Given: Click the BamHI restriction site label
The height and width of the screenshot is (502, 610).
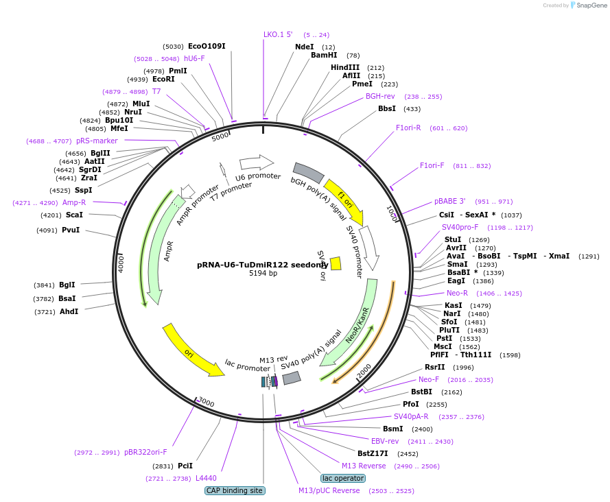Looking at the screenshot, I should (x=324, y=55).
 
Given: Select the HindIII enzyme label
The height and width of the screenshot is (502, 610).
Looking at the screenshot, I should (x=345, y=67).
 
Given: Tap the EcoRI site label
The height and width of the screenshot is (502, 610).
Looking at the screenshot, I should (x=163, y=79).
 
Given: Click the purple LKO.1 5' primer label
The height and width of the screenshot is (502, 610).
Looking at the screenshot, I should (x=278, y=34).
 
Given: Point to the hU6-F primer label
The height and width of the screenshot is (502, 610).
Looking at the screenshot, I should (x=194, y=58).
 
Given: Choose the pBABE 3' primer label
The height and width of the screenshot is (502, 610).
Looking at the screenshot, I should (x=449, y=201).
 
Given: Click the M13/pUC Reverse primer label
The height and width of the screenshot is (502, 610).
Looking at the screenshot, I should (x=329, y=490).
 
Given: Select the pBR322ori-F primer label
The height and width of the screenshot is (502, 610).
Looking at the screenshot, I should (x=145, y=452).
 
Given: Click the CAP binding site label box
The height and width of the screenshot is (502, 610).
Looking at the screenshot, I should (x=235, y=490).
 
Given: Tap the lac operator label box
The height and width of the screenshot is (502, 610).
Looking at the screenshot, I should (x=343, y=478).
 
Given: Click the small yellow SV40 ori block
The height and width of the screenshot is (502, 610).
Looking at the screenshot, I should (x=336, y=263).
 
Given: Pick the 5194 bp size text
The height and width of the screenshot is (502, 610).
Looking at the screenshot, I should (x=263, y=273).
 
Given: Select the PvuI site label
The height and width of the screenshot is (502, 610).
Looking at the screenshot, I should (x=71, y=230).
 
